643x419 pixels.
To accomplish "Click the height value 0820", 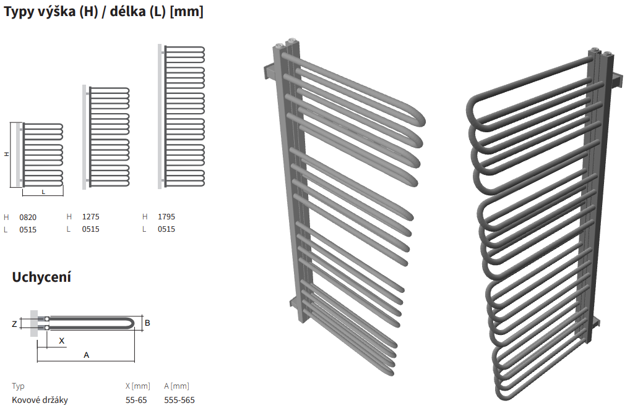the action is click(28, 217).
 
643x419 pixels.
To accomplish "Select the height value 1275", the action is click(90, 217).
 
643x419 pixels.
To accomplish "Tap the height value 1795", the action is click(166, 217).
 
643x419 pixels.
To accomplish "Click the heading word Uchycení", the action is click(41, 277).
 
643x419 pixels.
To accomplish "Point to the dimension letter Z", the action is click(15, 324).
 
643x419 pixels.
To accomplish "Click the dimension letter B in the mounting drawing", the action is click(148, 323).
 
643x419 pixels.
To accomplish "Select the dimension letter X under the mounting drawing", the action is click(61, 341).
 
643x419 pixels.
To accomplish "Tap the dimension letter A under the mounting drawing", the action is click(86, 355).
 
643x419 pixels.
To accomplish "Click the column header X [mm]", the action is click(138, 386).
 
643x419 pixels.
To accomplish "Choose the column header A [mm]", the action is click(177, 386).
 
